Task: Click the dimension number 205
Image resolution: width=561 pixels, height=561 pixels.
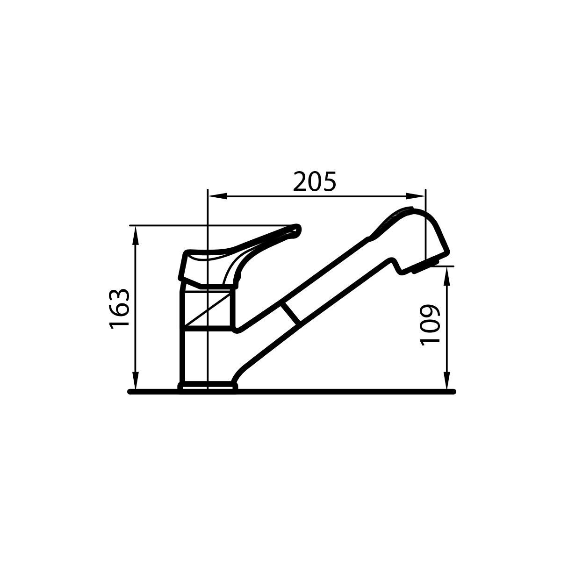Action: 315,182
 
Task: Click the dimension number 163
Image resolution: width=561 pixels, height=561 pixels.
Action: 119,309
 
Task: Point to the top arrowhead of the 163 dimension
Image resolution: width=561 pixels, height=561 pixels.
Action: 136,235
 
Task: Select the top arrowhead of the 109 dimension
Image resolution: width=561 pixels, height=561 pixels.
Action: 447,276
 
